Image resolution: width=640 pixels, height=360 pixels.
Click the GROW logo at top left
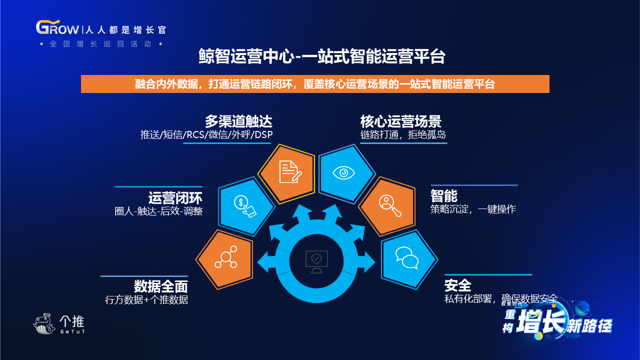(x=57, y=27)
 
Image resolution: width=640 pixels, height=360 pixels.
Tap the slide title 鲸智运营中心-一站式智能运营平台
(x=322, y=56)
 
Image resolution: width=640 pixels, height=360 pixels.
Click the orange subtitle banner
(x=315, y=84)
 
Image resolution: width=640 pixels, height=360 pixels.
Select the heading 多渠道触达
(x=238, y=121)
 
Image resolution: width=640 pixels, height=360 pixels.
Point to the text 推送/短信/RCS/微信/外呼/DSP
(x=206, y=134)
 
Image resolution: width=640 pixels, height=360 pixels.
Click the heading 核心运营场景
(x=401, y=121)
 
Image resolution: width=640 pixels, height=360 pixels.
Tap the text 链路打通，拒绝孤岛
(x=403, y=134)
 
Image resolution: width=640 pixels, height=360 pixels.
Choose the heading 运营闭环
(x=175, y=197)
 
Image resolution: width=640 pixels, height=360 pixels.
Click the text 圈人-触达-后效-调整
(x=158, y=211)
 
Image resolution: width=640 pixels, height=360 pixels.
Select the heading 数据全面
(x=161, y=286)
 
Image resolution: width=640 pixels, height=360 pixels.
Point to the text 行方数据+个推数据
(x=146, y=299)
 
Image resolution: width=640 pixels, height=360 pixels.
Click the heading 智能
(x=443, y=196)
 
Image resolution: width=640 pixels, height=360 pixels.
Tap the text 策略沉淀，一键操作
(x=473, y=209)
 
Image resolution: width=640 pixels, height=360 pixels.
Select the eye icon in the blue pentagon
(x=343, y=173)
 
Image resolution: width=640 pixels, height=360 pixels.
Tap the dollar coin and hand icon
(x=245, y=206)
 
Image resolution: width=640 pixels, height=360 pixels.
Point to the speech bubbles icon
(x=407, y=258)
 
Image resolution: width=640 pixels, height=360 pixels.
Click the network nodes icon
(x=225, y=257)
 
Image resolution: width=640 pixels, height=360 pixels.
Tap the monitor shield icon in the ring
(x=316, y=261)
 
